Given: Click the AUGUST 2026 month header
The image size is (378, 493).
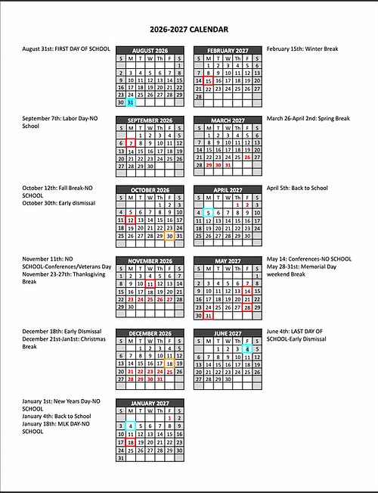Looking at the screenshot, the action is [150, 49].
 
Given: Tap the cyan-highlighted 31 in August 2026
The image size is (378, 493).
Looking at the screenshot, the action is [131, 102].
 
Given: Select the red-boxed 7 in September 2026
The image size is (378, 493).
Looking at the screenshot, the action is [131, 143].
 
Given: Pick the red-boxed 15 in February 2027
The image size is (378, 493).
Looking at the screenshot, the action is [208, 80].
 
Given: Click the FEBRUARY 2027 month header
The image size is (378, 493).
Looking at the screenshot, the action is [228, 49].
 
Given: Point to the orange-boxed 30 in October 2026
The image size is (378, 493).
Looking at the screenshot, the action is [169, 236].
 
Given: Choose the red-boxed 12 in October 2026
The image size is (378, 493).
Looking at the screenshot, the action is [131, 220].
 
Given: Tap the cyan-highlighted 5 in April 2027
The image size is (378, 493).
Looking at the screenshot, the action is [208, 214].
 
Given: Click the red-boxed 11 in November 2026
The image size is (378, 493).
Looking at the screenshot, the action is [150, 284].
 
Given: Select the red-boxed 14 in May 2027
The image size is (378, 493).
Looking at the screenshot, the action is [247, 291].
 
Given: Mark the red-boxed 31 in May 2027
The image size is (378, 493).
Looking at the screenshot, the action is [208, 315].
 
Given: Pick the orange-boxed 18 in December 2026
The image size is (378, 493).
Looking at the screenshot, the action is [169, 363].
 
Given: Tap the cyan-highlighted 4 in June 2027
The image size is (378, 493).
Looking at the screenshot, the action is [247, 348].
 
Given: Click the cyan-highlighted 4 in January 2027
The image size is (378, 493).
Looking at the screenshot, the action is [131, 426].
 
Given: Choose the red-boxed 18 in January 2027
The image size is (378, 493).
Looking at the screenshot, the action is [131, 442].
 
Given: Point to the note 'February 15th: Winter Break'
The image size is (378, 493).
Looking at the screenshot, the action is [302, 48].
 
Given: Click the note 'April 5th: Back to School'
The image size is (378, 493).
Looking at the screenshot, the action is [297, 188].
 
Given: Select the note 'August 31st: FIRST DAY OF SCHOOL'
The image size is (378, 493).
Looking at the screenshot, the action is [67, 48].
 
